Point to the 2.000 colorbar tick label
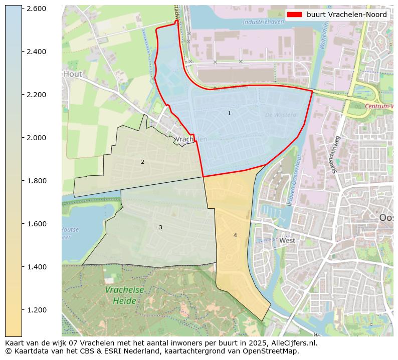pos(36,138)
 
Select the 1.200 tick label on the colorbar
pos(36,310)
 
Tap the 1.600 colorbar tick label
pos(36,224)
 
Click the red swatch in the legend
pos(295,15)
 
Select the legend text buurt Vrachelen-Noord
pos(346,15)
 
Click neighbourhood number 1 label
pos(229,114)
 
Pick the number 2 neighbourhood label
pos(142,162)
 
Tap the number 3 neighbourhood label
pos(160,227)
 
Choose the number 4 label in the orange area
pos(235,235)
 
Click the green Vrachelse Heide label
pos(124,295)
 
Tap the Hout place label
pos(73,74)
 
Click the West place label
pos(287,240)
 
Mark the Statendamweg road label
pos(336,154)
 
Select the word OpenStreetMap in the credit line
pos(273,351)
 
